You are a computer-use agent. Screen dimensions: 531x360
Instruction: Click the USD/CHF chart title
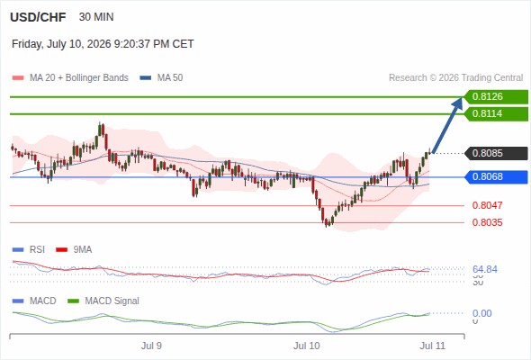click(38, 17)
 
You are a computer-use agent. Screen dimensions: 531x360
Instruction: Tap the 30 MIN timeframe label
click(96, 17)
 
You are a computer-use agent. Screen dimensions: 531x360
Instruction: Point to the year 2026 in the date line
click(99, 44)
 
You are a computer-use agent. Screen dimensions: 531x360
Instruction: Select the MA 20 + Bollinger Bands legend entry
click(70, 78)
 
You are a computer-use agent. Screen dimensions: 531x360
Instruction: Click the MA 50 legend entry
click(161, 78)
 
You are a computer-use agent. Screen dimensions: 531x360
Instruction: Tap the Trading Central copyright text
click(455, 78)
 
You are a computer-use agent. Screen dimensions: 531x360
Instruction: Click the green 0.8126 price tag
click(496, 97)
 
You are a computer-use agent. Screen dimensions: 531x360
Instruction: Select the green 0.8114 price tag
click(496, 113)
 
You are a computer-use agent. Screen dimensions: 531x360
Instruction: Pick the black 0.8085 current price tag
click(496, 153)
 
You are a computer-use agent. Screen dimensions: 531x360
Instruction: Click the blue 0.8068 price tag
click(496, 176)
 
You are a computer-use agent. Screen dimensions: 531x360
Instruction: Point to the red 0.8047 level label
click(487, 205)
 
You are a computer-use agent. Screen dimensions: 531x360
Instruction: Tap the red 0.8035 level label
click(487, 222)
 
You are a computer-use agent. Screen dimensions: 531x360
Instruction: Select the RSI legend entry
click(29, 249)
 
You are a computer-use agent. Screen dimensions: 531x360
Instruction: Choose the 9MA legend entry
click(74, 249)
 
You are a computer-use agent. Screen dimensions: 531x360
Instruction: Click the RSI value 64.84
click(485, 270)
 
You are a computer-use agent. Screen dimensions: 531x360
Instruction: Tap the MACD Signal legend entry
click(103, 301)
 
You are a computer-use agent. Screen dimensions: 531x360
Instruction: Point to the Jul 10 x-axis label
click(307, 346)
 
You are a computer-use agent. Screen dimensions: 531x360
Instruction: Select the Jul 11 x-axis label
click(433, 346)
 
